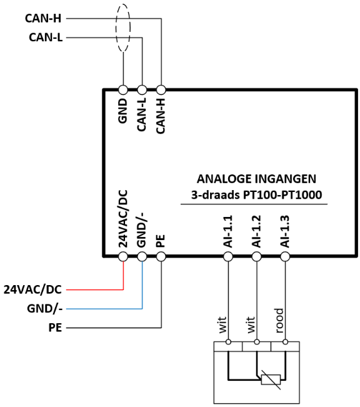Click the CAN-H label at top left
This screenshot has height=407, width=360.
pos(43,18)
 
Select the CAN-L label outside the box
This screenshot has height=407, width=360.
pos(46,38)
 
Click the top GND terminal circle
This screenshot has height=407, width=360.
pos(123,90)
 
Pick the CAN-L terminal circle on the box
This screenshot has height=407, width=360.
pos(142,90)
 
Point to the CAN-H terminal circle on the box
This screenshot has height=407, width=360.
pos(161,90)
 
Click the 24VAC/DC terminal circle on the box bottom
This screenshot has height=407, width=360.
pos(123,257)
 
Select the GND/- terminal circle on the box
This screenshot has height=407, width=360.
pos(142,257)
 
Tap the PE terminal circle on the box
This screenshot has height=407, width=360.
pos(161,257)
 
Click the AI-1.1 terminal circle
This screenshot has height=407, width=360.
pos(228,257)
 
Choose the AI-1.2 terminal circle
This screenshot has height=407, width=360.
pos(257,257)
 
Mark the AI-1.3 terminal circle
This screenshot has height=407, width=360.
pos(285,257)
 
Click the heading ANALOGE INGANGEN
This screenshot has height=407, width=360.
pos(256,179)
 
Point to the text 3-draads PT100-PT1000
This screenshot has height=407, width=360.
pos(256,194)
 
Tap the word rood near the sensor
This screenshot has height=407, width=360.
pos(279,321)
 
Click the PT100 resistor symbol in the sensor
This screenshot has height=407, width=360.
pos(271,379)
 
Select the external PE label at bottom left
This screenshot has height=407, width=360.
pos(55,328)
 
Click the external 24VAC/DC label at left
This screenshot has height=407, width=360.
pos(32,289)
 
